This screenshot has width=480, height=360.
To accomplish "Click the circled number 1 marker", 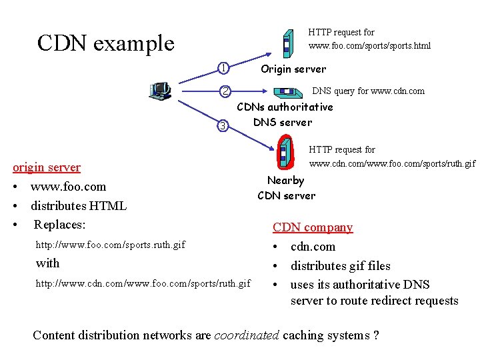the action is pyautogui.click(x=223, y=68).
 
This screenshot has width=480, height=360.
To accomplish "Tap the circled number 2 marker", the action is pyautogui.click(x=225, y=91).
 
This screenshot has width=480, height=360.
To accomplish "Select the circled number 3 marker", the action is pyautogui.click(x=223, y=126).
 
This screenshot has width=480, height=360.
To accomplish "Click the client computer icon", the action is pyautogui.click(x=160, y=91).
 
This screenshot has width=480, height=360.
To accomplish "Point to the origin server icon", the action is pyautogui.click(x=288, y=44).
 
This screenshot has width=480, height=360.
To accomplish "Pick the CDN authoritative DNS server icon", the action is pyautogui.click(x=288, y=93).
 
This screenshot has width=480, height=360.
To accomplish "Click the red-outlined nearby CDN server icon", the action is pyautogui.click(x=285, y=152).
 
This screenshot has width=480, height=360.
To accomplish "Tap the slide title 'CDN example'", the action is pyautogui.click(x=106, y=43).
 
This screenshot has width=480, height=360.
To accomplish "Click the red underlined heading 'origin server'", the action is pyautogui.click(x=47, y=167).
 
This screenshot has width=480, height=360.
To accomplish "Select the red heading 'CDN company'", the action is pyautogui.click(x=313, y=227).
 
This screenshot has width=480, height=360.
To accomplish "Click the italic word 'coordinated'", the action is pyautogui.click(x=247, y=335).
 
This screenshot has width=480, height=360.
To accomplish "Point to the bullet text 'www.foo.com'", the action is pyautogui.click(x=68, y=187).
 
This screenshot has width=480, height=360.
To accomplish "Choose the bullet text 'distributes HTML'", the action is pyautogui.click(x=79, y=206).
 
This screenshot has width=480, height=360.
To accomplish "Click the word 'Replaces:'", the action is pyautogui.click(x=59, y=225).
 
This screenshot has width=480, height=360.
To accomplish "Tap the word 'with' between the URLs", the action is pyautogui.click(x=47, y=263).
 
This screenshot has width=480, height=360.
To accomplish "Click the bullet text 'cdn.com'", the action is pyautogui.click(x=313, y=247).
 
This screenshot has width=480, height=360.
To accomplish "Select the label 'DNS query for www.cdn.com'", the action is pyautogui.click(x=368, y=91).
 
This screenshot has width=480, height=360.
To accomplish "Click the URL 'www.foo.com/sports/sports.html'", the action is pyautogui.click(x=369, y=45).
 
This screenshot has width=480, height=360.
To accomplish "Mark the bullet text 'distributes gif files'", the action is pyautogui.click(x=341, y=266).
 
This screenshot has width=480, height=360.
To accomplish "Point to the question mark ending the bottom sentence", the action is pyautogui.click(x=376, y=335).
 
